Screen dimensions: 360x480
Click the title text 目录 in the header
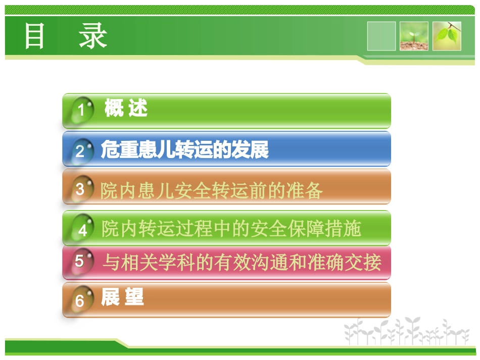pyautogui.click(x=66, y=36)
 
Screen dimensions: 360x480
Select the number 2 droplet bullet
pyautogui.click(x=81, y=150)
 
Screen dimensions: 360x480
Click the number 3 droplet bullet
pyautogui.click(x=81, y=189)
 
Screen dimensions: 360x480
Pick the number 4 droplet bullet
pyautogui.click(x=82, y=230)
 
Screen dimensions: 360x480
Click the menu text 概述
pyautogui.click(x=126, y=108)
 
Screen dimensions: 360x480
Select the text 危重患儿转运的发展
pyautogui.click(x=184, y=150)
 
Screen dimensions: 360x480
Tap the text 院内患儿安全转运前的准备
pyautogui.click(x=211, y=191)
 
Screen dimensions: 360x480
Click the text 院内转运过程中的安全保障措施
pyautogui.click(x=231, y=229)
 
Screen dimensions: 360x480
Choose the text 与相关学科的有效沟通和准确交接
pyautogui.click(x=242, y=263)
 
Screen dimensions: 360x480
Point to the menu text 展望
pyautogui.click(x=122, y=297)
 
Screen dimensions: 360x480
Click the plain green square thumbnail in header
pyautogui.click(x=381, y=36)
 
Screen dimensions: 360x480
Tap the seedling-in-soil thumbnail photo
pyautogui.click(x=414, y=36)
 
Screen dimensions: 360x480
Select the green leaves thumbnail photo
pyautogui.click(x=447, y=36)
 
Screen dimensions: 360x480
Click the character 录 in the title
pyautogui.click(x=93, y=36)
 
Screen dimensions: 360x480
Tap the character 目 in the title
pyautogui.click(x=34, y=36)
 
